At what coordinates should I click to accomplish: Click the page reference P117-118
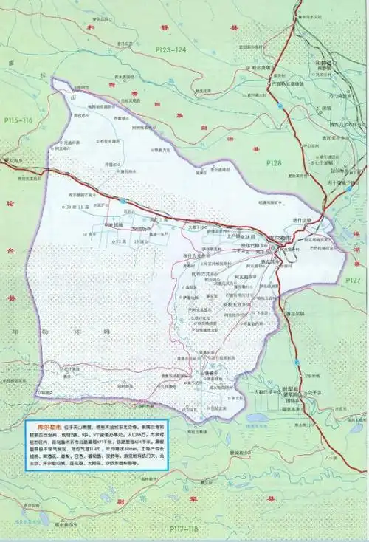(185, 529)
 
